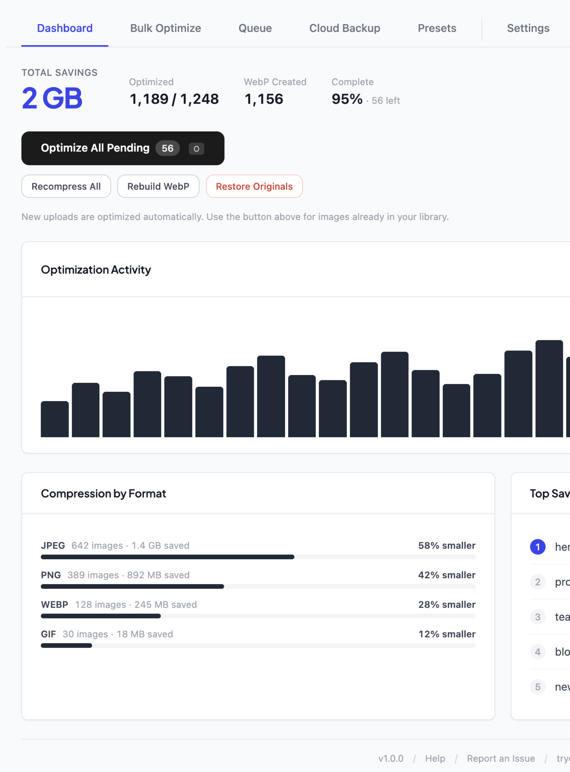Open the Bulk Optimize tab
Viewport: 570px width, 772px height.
pyautogui.click(x=165, y=28)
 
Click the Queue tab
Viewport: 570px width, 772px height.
pyautogui.click(x=255, y=28)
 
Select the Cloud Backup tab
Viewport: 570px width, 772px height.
pyautogui.click(x=344, y=28)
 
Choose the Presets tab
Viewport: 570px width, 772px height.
pyautogui.click(x=437, y=28)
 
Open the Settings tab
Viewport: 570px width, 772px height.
pyautogui.click(x=528, y=28)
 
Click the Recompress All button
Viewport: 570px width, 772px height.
pyautogui.click(x=66, y=187)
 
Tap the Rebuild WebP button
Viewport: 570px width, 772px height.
pyautogui.click(x=158, y=187)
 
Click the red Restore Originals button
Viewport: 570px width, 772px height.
pyautogui.click(x=254, y=187)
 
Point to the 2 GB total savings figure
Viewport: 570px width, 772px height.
pyautogui.click(x=52, y=98)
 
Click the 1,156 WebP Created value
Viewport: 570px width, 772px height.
pyautogui.click(x=263, y=99)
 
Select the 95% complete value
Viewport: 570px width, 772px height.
pyautogui.click(x=347, y=99)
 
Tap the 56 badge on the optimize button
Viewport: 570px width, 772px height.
pyautogui.click(x=167, y=149)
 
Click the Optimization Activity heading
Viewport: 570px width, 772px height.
pyautogui.click(x=96, y=270)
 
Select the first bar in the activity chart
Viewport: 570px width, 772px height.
pyautogui.click(x=55, y=419)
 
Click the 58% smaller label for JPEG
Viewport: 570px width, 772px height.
pyautogui.click(x=446, y=546)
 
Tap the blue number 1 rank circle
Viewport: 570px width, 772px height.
pyautogui.click(x=537, y=547)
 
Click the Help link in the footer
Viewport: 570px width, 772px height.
pyautogui.click(x=435, y=759)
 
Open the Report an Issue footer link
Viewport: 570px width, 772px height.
pyautogui.click(x=500, y=759)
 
